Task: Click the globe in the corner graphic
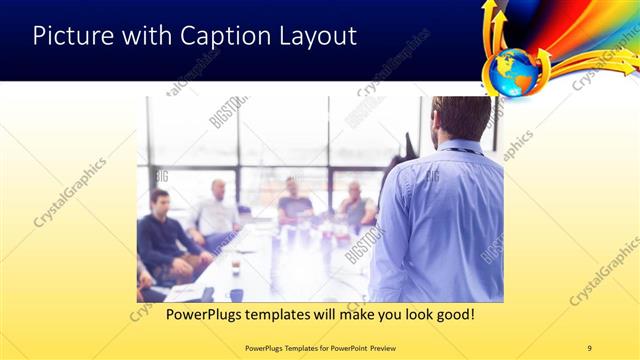(x=513, y=73)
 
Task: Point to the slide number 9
(x=589, y=347)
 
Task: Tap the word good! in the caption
(x=453, y=315)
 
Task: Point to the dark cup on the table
(x=236, y=266)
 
